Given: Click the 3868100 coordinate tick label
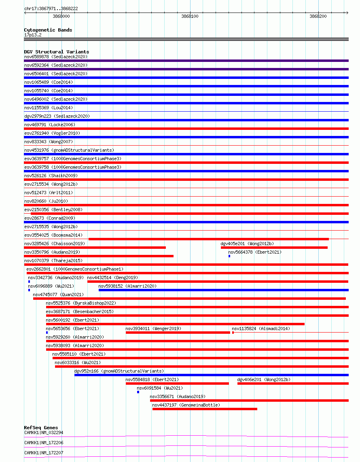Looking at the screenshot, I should [190, 16].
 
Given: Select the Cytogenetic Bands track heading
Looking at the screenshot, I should [48, 30].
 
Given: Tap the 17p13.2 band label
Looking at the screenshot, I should [32, 35].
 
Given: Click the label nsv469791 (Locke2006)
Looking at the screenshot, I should [50, 125].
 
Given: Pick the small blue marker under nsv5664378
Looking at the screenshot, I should [229, 256].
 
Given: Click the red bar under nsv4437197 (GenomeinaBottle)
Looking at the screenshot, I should [205, 409].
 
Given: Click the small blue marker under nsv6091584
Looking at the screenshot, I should [138, 392].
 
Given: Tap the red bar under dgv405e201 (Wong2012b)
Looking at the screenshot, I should [274, 248].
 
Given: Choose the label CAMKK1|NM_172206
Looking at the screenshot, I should [44, 443].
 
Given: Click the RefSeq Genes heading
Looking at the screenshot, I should [41, 428].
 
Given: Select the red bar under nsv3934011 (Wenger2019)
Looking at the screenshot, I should [178, 333].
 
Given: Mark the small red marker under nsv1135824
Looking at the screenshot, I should [233, 333].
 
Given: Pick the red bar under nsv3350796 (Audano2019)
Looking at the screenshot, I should [99, 256].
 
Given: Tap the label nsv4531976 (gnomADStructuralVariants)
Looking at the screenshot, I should [69, 150].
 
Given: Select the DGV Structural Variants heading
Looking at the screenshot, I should [56, 52].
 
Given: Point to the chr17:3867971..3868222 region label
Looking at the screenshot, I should [51, 8].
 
